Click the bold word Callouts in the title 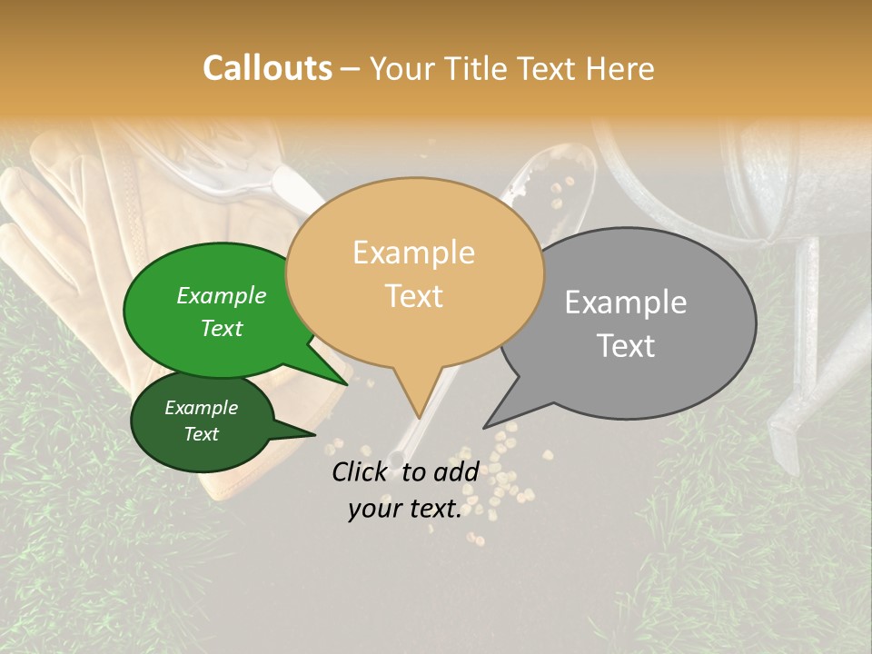click(267, 68)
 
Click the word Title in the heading click(480, 68)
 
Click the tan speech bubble click(414, 272)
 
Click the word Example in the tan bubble click(414, 253)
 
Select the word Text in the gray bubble click(627, 346)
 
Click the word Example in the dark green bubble click(202, 408)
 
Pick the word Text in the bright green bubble click(222, 328)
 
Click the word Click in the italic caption click(362, 471)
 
